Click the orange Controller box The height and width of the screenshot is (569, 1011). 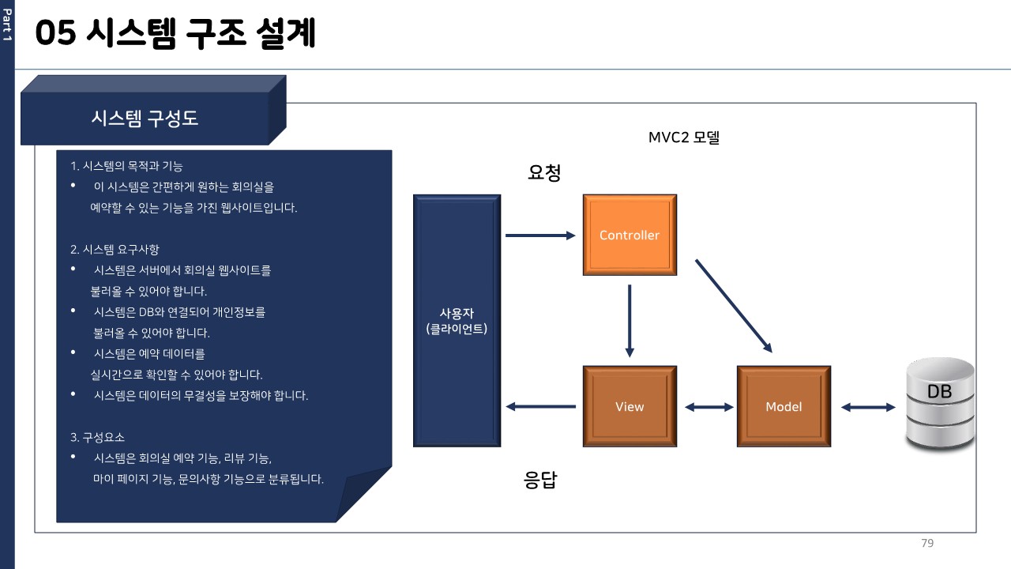pyautogui.click(x=630, y=235)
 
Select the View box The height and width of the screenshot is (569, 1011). pyautogui.click(x=630, y=406)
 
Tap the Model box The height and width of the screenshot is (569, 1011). pyautogui.click(x=784, y=406)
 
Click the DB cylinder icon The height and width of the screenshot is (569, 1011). pyautogui.click(x=940, y=404)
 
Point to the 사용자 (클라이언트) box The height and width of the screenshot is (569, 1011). pyautogui.click(x=457, y=321)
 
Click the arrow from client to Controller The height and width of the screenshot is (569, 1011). pyautogui.click(x=540, y=236)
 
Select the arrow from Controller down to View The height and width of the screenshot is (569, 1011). pyautogui.click(x=630, y=321)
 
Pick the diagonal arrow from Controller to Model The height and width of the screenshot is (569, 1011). pyautogui.click(x=734, y=306)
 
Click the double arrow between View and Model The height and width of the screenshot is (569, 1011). pyautogui.click(x=709, y=407)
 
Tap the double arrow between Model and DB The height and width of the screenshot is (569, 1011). pyautogui.click(x=868, y=407)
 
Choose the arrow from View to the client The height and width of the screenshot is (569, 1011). pyautogui.click(x=540, y=406)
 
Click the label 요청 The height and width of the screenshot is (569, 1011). pyautogui.click(x=544, y=172)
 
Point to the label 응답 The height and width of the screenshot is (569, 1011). pyautogui.click(x=540, y=480)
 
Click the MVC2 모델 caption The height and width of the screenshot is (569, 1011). pyautogui.click(x=684, y=138)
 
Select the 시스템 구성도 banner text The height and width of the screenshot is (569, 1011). pyautogui.click(x=145, y=119)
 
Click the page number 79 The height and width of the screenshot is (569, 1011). pyautogui.click(x=927, y=543)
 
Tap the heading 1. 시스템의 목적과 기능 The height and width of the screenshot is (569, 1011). pyautogui.click(x=126, y=166)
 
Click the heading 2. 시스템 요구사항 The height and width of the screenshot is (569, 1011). pyautogui.click(x=115, y=249)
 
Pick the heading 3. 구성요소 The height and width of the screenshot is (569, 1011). pyautogui.click(x=97, y=437)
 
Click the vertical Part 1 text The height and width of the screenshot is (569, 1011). pyautogui.click(x=7, y=24)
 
